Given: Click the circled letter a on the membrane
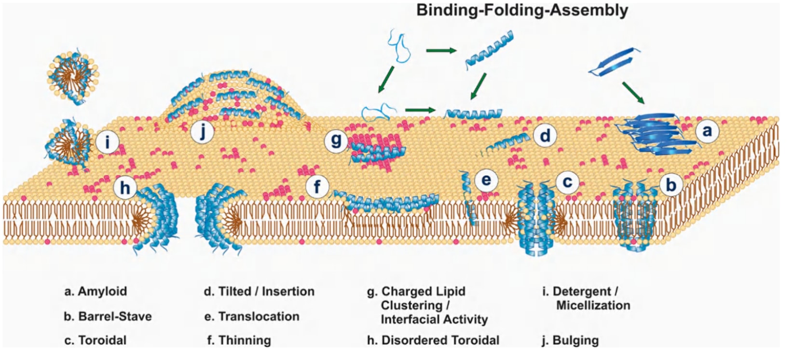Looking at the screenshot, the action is (x=707, y=131).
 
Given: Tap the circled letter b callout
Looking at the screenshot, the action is (x=671, y=185).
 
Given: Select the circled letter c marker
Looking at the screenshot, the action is (x=567, y=182).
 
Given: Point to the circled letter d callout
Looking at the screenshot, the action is (x=545, y=136).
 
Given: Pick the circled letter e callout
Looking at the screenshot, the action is (x=486, y=180).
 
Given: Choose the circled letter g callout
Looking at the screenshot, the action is (x=336, y=140).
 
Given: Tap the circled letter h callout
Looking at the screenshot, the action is (x=125, y=188).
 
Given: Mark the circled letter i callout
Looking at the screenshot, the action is (x=107, y=142).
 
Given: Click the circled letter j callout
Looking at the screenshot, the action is (x=202, y=132).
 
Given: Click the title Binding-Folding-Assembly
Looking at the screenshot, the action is (x=522, y=10).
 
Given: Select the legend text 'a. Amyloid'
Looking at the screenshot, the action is (x=96, y=291).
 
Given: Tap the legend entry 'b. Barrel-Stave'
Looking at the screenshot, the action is (x=108, y=316).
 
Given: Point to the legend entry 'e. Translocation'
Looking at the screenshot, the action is (x=252, y=316).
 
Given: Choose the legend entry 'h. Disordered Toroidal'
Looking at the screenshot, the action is (x=433, y=340).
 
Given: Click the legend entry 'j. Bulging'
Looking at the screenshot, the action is (x=570, y=341).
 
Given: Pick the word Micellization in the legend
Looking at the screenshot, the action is (x=593, y=305).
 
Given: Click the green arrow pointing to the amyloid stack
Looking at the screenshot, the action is (x=633, y=93).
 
